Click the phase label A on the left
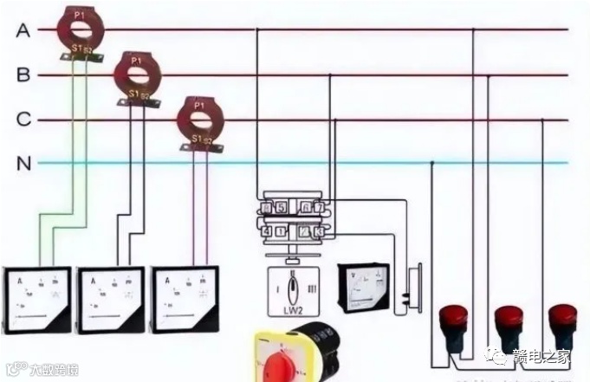23,30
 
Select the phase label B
23,75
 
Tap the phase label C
23,120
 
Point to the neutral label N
23,162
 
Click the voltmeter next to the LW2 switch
364,286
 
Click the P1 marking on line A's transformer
81,14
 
